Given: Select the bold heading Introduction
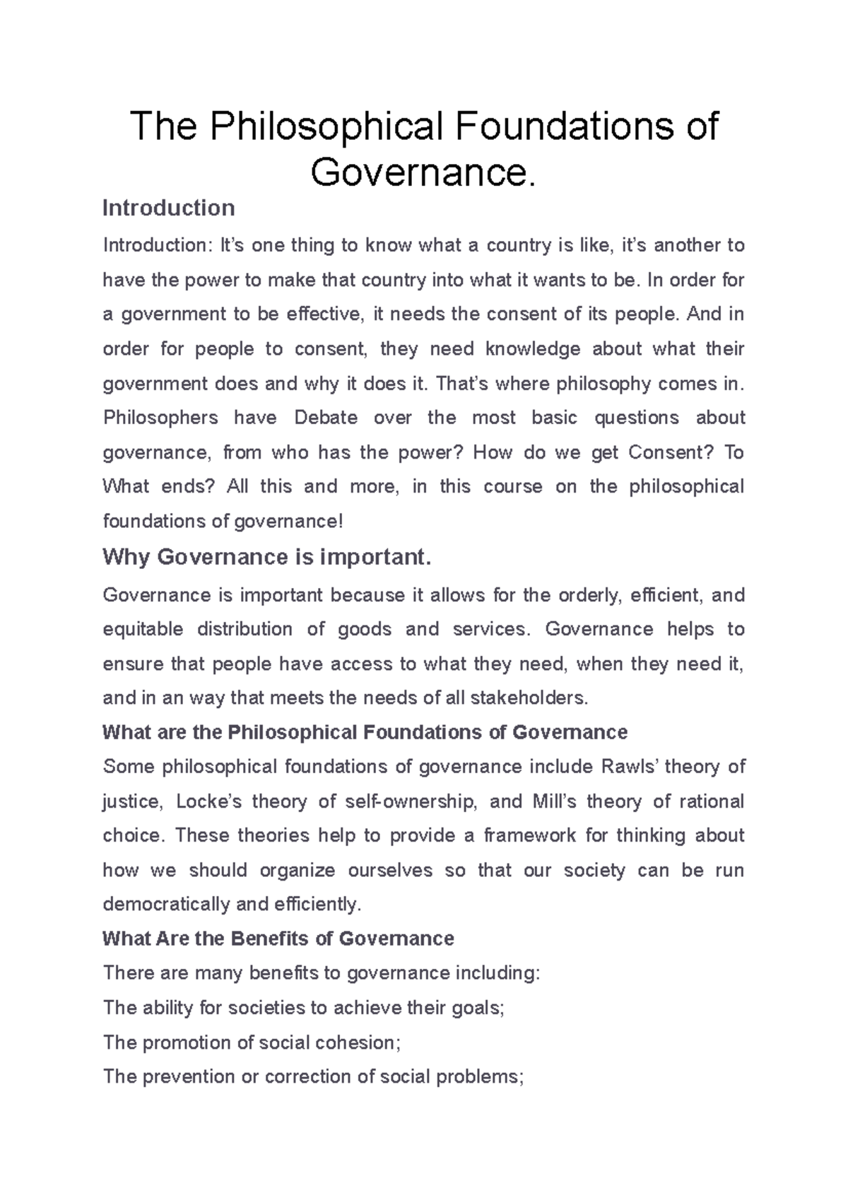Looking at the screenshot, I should click(x=168, y=208).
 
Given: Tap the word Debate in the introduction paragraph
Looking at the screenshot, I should click(x=326, y=418).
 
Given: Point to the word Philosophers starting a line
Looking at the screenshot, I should click(x=160, y=418).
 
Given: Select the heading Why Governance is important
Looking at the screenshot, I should click(x=266, y=557).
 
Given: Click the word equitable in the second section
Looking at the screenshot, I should click(x=143, y=629).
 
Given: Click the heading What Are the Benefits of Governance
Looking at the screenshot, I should click(x=278, y=939).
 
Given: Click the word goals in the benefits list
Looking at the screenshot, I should click(x=478, y=1008).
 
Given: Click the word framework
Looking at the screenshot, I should click(x=531, y=836).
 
